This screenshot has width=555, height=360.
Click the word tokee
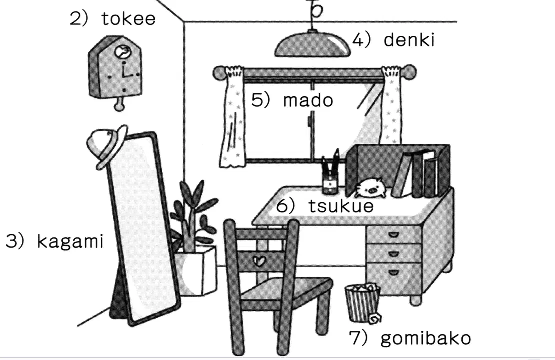[x=128, y=19]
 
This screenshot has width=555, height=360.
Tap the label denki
[x=409, y=40]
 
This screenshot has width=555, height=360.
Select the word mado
[x=308, y=100]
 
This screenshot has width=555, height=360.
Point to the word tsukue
[x=341, y=206]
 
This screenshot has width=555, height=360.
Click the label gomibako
[x=426, y=339]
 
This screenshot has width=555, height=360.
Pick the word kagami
[x=70, y=242]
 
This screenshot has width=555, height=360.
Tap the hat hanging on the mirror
[x=107, y=145]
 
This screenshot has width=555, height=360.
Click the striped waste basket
[x=362, y=303]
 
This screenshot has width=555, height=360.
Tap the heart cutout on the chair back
[x=260, y=261]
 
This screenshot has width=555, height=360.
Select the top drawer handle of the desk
[x=394, y=234]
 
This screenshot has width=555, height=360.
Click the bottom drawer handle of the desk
[x=394, y=273]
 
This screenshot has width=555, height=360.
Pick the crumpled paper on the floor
[x=375, y=318]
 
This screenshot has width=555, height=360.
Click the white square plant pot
[x=197, y=271]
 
